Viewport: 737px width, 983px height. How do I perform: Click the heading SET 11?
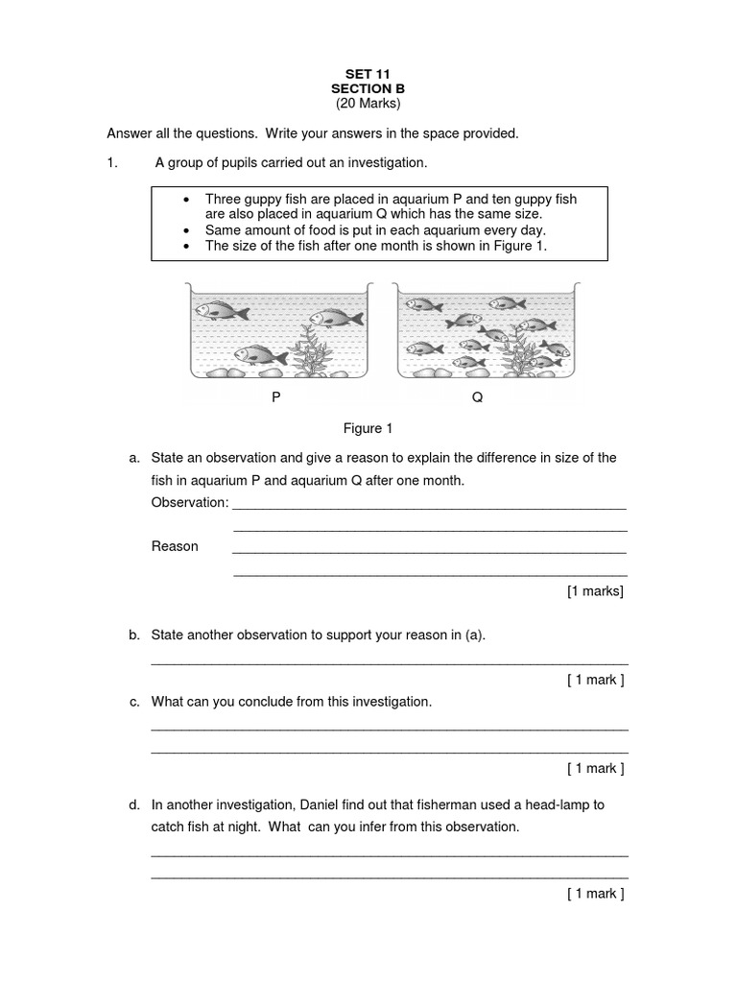(368, 73)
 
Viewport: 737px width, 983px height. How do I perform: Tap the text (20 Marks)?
(368, 103)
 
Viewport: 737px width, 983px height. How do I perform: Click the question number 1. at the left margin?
(112, 162)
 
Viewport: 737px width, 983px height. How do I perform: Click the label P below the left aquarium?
(276, 396)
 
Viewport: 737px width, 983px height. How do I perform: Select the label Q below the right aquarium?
(477, 396)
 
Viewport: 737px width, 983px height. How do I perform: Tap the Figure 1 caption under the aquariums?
(368, 428)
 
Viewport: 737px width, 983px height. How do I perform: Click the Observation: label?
(190, 502)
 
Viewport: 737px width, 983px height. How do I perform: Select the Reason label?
(175, 546)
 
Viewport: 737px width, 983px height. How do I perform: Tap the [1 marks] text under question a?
(595, 591)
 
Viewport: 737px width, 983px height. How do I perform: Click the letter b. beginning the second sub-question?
(135, 635)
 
